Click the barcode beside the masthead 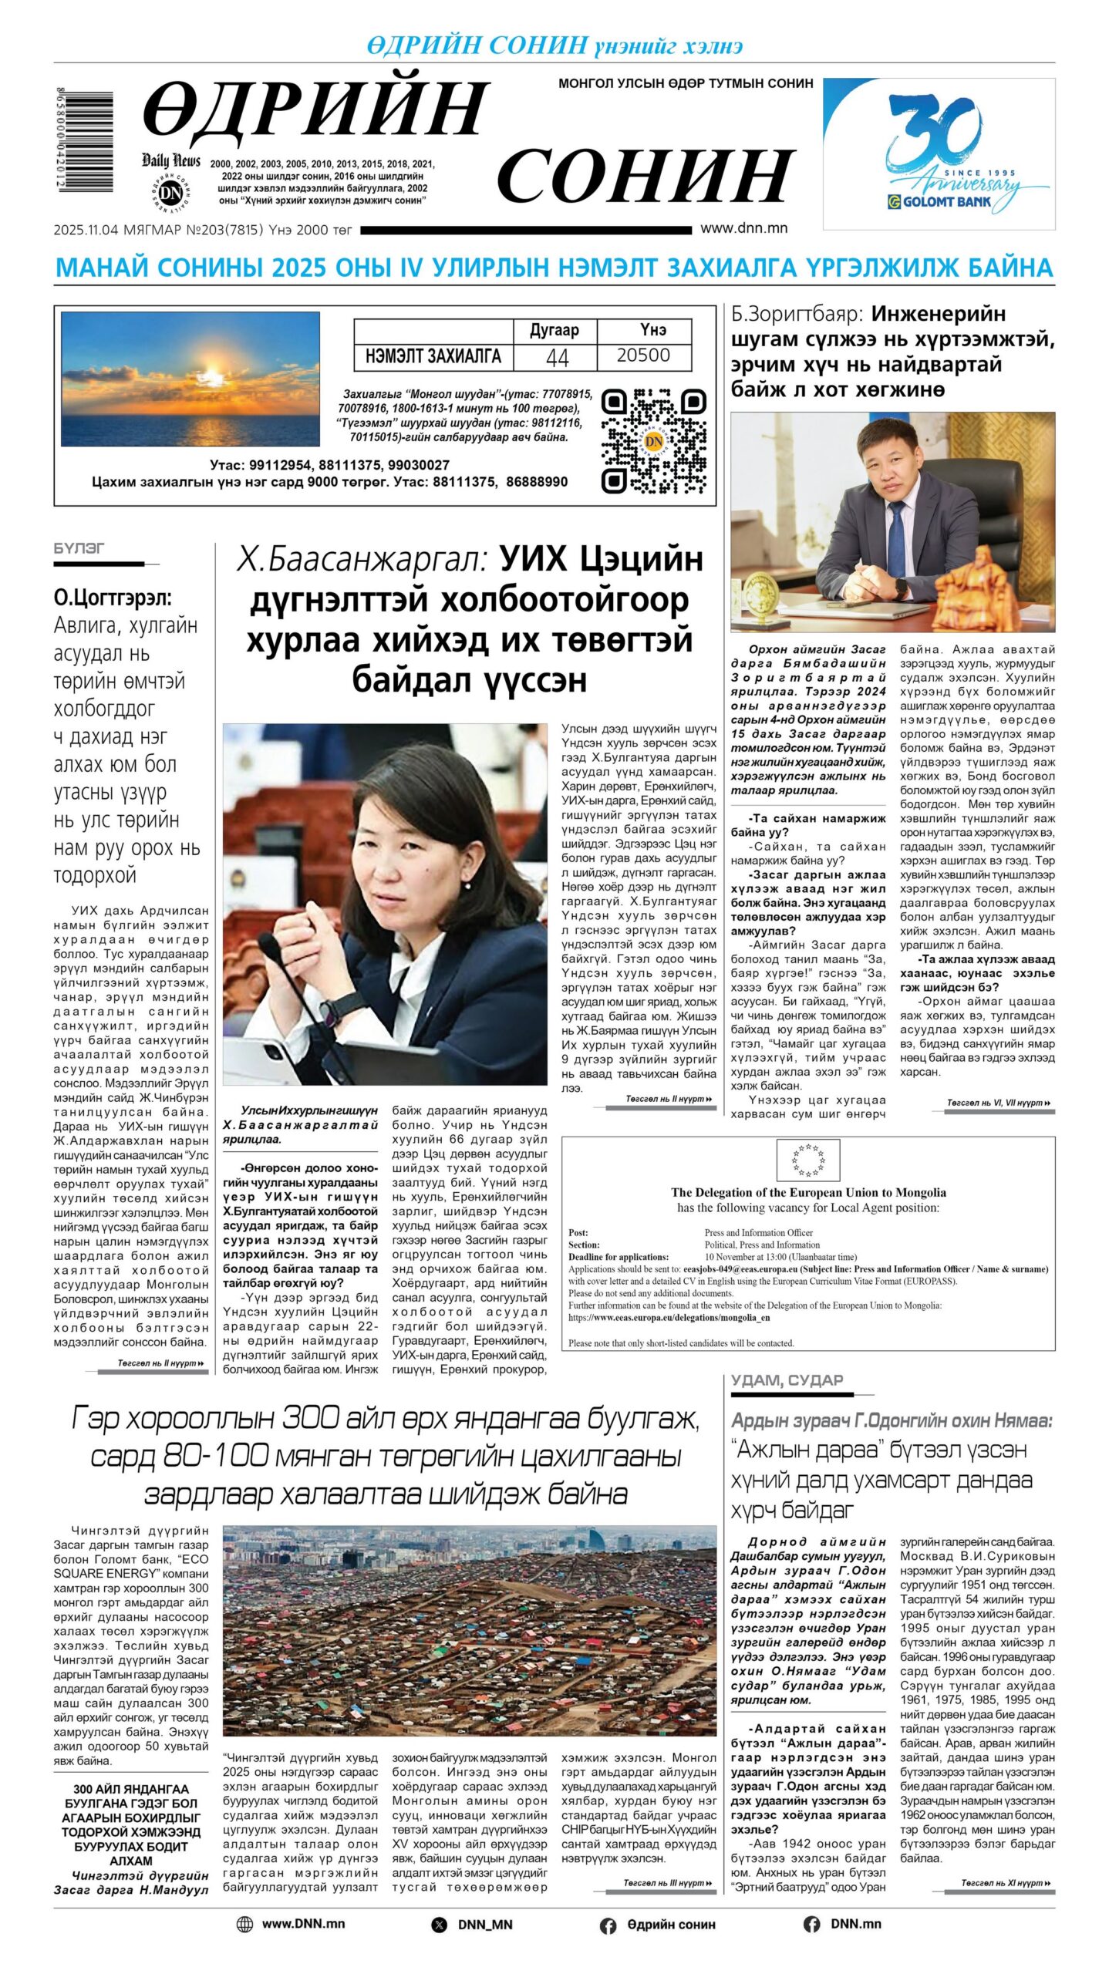pyautogui.click(x=85, y=141)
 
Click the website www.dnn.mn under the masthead pyautogui.click(x=743, y=228)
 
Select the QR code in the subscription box pyautogui.click(x=653, y=441)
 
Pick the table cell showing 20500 pyautogui.click(x=643, y=355)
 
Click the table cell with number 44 pyautogui.click(x=556, y=356)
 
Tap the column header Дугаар pyautogui.click(x=554, y=330)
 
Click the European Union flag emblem pyautogui.click(x=807, y=1160)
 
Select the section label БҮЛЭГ pyautogui.click(x=79, y=548)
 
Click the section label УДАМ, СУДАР pyautogui.click(x=787, y=1379)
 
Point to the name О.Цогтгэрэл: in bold pyautogui.click(x=113, y=598)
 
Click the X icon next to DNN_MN pyautogui.click(x=439, y=1925)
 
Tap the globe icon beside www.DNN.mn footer pyautogui.click(x=244, y=1924)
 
